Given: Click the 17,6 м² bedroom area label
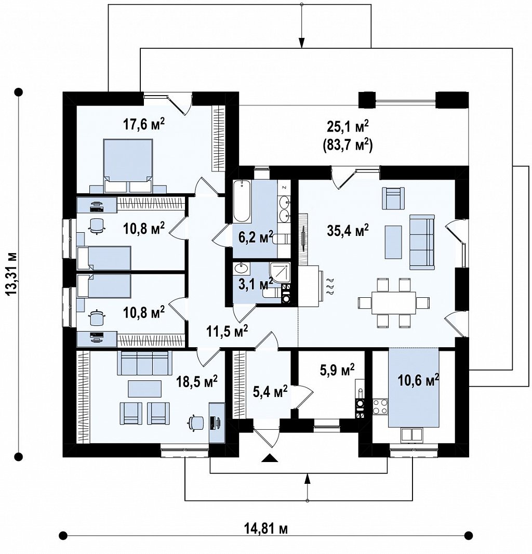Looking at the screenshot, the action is pyautogui.click(x=144, y=124).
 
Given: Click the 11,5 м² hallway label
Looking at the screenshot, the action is pyautogui.click(x=227, y=331).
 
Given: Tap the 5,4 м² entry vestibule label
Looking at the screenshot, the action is pyautogui.click(x=270, y=391).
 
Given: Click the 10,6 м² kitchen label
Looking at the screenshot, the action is pyautogui.click(x=419, y=380).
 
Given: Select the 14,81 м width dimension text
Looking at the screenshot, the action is pyautogui.click(x=265, y=529).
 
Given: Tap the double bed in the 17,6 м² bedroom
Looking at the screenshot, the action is pyautogui.click(x=129, y=166).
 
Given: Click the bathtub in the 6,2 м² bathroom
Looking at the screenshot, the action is pyautogui.click(x=242, y=202).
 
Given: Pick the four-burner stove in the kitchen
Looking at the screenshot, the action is pyautogui.click(x=380, y=406).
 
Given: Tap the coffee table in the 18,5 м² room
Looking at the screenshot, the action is pyautogui.click(x=145, y=388).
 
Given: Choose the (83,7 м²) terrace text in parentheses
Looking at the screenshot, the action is pyautogui.click(x=348, y=146).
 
